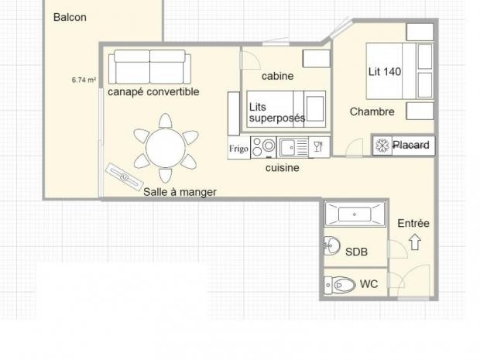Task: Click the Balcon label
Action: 70,17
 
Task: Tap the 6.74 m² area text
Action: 84,81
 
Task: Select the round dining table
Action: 166,148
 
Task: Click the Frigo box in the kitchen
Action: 238,149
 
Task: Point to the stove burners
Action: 263,147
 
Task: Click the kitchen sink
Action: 293,148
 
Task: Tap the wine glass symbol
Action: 318,147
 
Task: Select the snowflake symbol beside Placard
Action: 382,145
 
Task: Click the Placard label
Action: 411,145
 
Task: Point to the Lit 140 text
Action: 385,72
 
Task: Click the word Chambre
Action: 372,111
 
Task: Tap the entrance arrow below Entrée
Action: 415,242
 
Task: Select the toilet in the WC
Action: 340,286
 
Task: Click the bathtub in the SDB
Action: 355,214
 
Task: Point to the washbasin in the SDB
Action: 332,245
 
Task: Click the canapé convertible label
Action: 153,92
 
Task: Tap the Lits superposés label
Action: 276,113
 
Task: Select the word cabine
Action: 277,76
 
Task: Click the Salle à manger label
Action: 180,192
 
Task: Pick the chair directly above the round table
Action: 166,121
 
